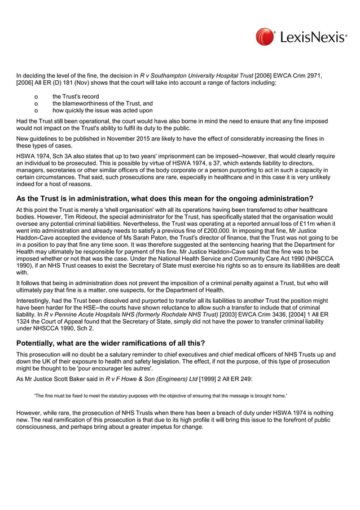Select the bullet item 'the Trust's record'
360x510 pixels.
coord(75,97)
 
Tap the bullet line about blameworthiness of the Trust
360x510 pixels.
coord(102,103)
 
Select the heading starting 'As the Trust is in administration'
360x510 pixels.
coord(164,198)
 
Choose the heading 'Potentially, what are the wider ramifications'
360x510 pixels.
coord(110,343)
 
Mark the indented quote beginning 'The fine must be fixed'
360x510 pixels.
coord(160,396)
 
